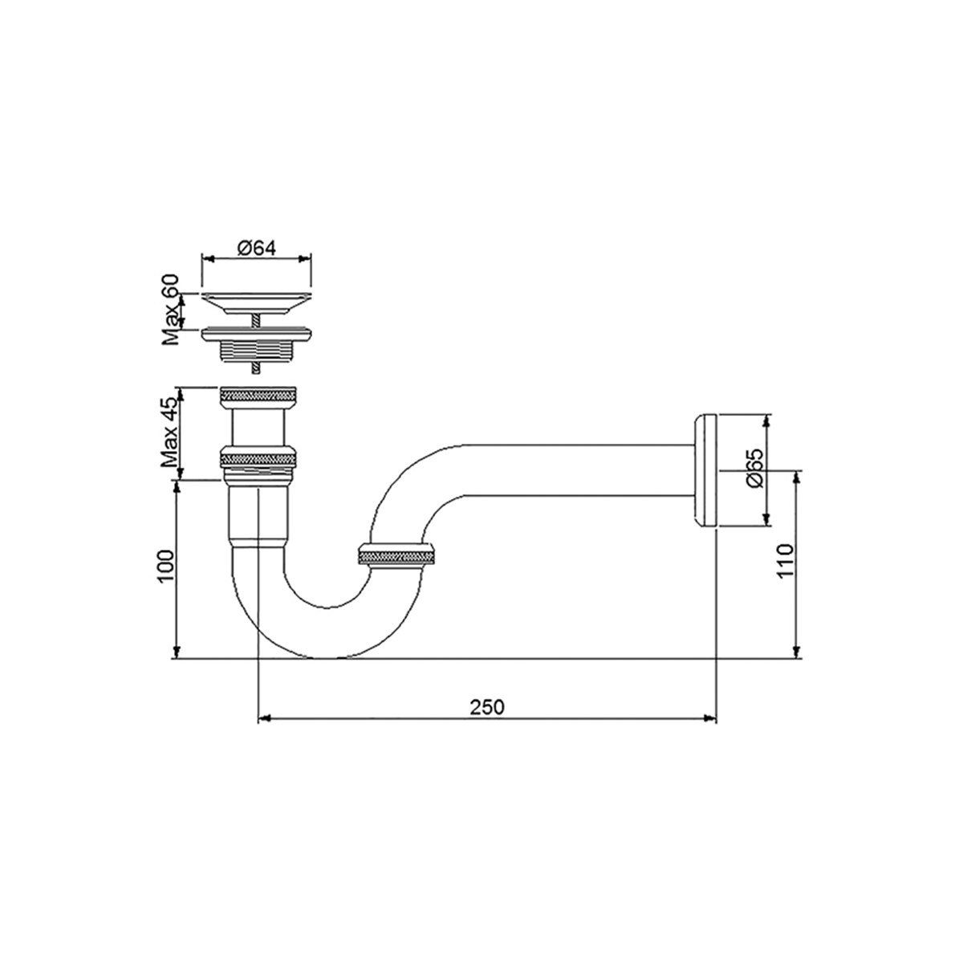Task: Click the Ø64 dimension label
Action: pos(257,248)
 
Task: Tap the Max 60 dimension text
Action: pos(170,308)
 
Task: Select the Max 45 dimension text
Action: pos(169,433)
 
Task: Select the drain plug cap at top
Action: pos(255,302)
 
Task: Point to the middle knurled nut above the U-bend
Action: pos(259,458)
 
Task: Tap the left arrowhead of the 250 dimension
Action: pos(262,718)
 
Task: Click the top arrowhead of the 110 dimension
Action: pos(796,474)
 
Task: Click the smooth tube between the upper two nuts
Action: pos(259,425)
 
